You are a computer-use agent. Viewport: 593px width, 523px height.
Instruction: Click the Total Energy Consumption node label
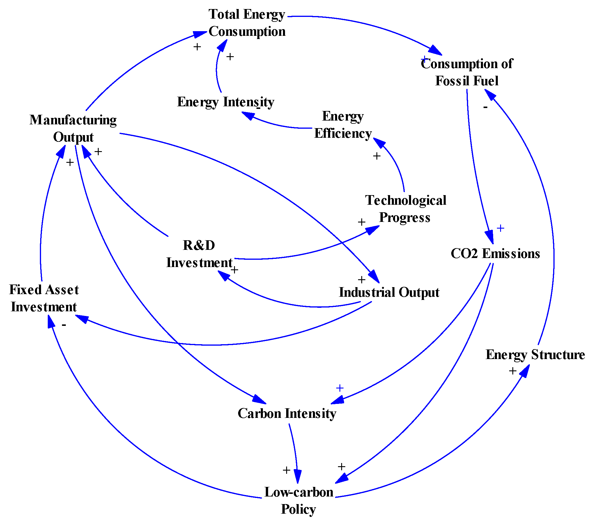coord(247,23)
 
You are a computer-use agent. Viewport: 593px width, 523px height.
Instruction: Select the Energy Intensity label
coord(226,102)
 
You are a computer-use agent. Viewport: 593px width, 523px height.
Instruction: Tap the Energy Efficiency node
coord(343,125)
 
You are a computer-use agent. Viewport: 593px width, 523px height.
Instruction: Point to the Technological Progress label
coord(406,209)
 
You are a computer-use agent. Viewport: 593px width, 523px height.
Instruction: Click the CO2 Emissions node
coord(495,253)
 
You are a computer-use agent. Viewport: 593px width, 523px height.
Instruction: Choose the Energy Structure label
coord(535,355)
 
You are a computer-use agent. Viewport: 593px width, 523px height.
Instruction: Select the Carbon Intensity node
coord(287,413)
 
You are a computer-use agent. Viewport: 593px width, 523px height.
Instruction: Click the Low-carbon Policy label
coord(299,500)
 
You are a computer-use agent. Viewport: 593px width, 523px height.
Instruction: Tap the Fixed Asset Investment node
coord(44,298)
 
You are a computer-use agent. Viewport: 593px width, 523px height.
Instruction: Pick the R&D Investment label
coord(199,254)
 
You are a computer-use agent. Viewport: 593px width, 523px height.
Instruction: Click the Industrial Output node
coord(389,292)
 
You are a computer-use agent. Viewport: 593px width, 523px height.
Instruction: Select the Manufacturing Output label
coord(73,128)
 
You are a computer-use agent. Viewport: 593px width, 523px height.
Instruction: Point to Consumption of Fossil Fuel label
coord(467,72)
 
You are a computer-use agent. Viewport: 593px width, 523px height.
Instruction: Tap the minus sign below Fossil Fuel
coord(485,107)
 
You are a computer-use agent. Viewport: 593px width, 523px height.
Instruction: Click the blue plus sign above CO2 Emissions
coord(500,228)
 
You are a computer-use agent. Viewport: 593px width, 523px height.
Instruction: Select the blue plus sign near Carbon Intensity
coord(340,388)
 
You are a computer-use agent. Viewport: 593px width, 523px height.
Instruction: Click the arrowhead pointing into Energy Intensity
coord(248,116)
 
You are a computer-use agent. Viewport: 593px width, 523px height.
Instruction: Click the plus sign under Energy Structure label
coord(513,371)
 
